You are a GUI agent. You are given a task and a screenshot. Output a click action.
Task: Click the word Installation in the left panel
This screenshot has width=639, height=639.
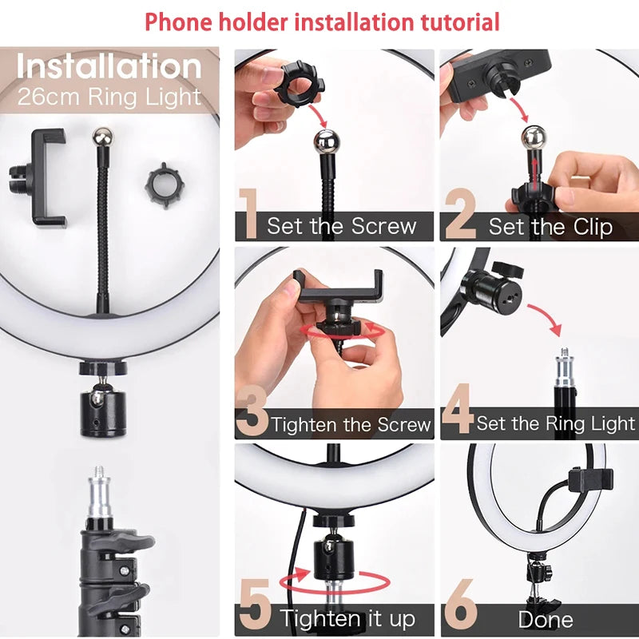tap(109, 66)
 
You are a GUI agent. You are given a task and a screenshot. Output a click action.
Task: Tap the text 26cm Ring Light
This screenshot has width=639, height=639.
tap(109, 98)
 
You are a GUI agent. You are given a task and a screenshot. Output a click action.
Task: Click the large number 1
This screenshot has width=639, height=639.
tap(248, 214)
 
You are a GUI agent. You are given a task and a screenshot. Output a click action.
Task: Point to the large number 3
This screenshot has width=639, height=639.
tap(252, 412)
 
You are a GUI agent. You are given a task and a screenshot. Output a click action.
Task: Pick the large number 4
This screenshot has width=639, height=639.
tap(457, 412)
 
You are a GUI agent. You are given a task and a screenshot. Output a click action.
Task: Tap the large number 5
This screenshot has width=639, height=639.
tap(254, 609)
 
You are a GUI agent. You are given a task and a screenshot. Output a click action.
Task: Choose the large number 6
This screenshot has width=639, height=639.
tap(460, 609)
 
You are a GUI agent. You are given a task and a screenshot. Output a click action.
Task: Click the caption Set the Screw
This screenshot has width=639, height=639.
tap(341, 226)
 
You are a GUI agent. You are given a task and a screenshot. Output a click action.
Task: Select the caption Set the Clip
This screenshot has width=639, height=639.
tap(550, 227)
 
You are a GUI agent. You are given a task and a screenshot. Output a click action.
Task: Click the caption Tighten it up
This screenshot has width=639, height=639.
tap(347, 618)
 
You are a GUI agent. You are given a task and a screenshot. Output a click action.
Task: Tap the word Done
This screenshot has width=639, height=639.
tap(546, 620)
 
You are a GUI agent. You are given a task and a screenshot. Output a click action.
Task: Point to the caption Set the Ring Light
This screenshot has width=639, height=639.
tap(556, 423)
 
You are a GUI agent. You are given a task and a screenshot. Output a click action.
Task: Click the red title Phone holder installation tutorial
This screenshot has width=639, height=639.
tap(322, 22)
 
